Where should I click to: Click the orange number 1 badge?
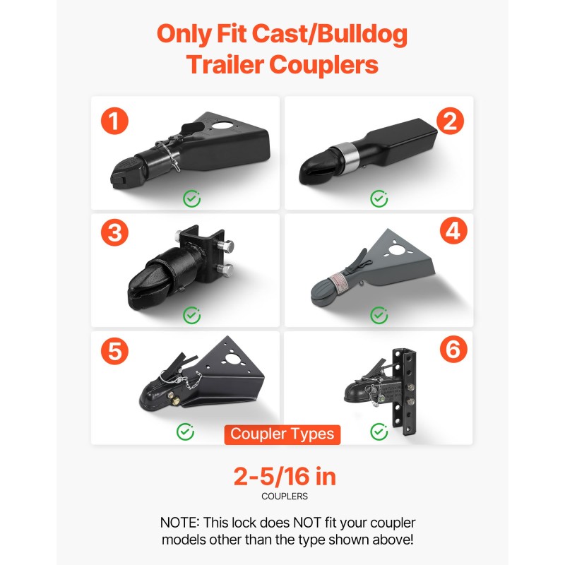114,121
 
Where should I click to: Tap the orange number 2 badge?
450,121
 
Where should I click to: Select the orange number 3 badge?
114,232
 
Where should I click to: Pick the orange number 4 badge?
453,231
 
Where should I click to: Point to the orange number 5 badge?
114,350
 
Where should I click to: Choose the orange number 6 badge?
453,349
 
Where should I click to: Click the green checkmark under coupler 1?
191,198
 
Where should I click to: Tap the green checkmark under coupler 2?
379,198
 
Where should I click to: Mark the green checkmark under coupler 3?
191,315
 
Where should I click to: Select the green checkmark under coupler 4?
379,315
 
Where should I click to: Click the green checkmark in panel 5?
185,432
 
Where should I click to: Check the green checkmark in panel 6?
379,432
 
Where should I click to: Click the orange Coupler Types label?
282,434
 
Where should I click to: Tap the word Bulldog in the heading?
362,35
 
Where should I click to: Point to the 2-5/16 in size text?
285,476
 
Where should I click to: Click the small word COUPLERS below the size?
285,496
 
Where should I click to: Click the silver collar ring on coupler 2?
346,157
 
